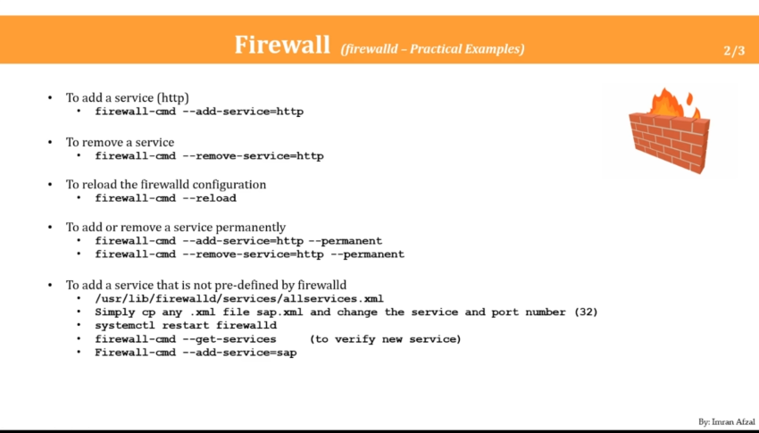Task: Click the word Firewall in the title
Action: coord(282,46)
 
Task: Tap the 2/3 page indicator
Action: coord(734,51)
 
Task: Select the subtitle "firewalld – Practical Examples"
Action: coord(432,48)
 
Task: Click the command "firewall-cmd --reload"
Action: coord(166,198)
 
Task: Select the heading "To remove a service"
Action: coord(120,142)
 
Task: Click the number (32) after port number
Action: coord(585,312)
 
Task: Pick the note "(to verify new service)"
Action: coord(385,339)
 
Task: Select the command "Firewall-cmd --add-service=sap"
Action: coord(196,353)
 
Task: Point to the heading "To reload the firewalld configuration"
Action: coord(166,185)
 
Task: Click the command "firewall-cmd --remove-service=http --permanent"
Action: coord(250,254)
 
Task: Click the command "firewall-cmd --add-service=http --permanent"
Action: coord(238,240)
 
